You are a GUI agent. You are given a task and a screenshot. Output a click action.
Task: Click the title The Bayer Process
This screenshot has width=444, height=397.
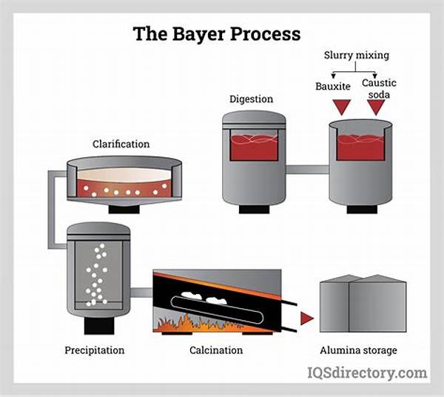216,34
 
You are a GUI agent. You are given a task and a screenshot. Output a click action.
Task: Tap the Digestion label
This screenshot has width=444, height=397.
252,99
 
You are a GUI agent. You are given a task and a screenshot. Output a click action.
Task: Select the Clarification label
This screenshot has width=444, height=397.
121,144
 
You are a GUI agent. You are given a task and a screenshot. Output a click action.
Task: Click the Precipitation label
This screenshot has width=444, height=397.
94,350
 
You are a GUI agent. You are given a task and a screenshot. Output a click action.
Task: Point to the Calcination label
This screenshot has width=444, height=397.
217,350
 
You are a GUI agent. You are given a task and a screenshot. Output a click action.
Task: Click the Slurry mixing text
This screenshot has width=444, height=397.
357,56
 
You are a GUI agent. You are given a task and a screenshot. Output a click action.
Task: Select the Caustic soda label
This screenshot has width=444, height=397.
378,90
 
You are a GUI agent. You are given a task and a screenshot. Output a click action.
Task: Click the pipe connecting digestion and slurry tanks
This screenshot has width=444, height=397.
307,170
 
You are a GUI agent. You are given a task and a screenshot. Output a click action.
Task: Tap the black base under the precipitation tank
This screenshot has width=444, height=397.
98,324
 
